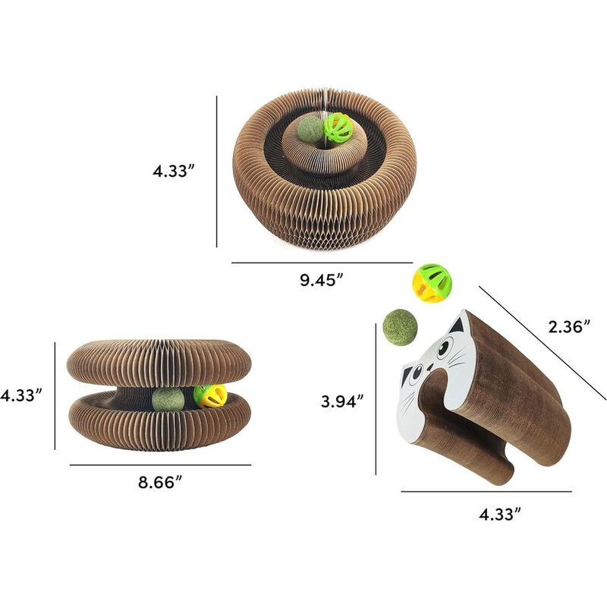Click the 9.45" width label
322,279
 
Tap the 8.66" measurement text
160,483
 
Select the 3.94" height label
342,401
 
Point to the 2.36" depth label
570,327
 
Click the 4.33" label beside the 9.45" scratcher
174,171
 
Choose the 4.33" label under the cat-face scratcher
500,514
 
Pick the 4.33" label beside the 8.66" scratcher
21,395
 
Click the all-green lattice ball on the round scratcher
338,127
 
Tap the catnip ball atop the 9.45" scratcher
310,129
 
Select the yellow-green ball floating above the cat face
432,283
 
